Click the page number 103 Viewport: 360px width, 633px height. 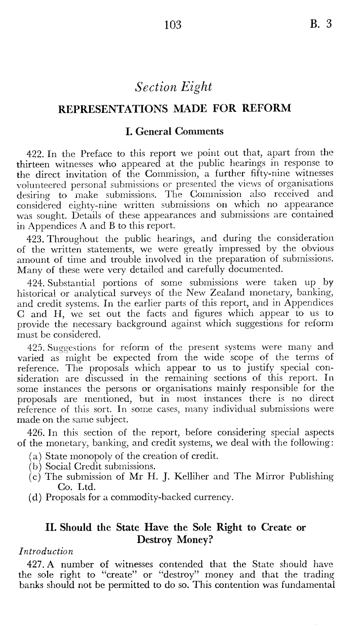point(173,25)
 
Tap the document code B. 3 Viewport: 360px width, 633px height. point(320,24)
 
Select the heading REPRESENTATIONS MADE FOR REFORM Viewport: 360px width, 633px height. point(175,108)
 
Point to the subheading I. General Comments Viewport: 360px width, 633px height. point(174,132)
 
